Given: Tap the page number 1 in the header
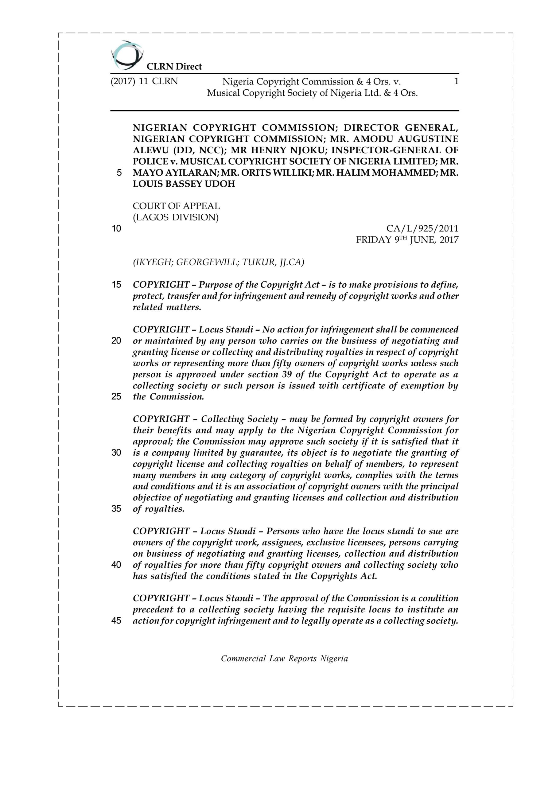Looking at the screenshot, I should click(x=456, y=81).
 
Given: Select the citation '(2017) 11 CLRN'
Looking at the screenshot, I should click(x=144, y=81).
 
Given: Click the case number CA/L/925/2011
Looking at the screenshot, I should click(x=422, y=228).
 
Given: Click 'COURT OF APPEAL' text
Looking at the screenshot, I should click(x=176, y=206).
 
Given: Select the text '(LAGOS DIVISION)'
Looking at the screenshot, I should click(x=176, y=217).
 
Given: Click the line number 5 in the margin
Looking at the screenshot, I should click(x=119, y=173).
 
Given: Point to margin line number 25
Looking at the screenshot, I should click(x=116, y=397).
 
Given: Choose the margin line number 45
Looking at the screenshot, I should click(x=116, y=621).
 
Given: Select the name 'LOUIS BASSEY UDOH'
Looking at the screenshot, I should click(x=184, y=184).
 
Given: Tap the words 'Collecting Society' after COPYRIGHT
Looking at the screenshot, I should click(x=239, y=419).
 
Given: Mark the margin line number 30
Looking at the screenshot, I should click(x=116, y=453).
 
